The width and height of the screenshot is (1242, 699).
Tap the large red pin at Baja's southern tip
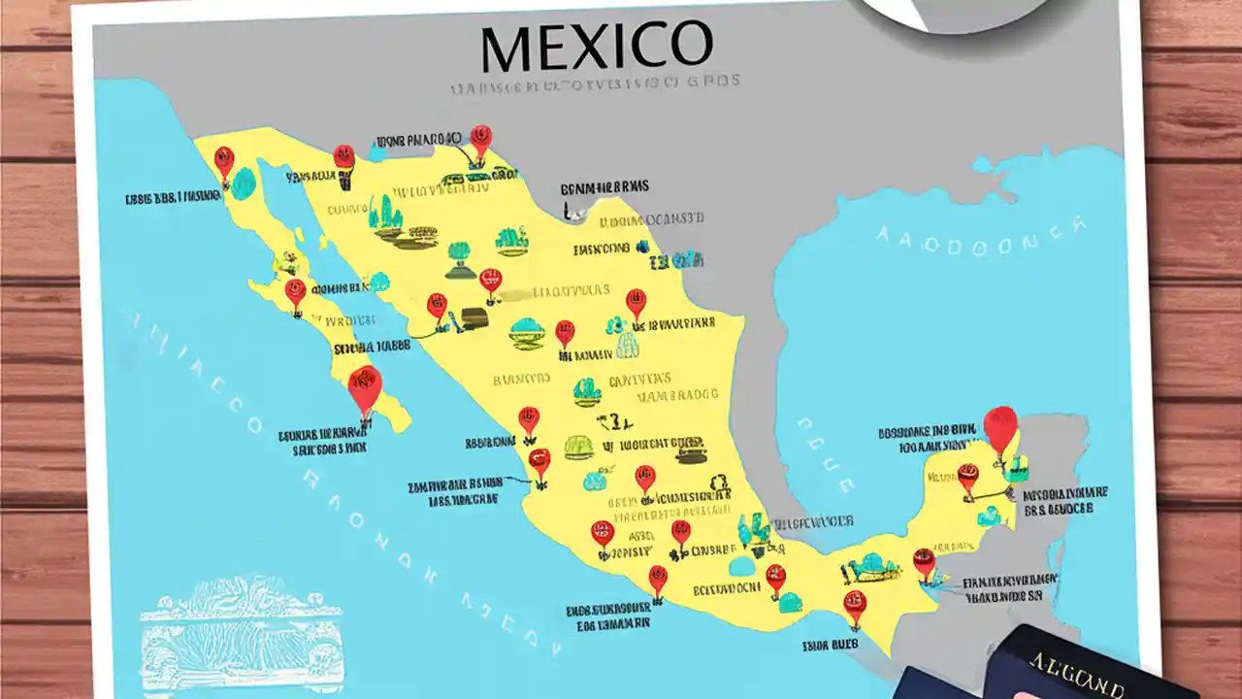pyautogui.click(x=365, y=388)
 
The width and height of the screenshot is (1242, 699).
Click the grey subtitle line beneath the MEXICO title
pyautogui.click(x=594, y=85)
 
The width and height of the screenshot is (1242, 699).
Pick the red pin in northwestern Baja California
pyautogui.click(x=224, y=161)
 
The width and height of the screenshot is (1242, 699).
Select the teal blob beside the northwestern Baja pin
pyautogui.click(x=244, y=183)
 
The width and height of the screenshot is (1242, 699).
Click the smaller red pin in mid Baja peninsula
pyautogui.click(x=295, y=291)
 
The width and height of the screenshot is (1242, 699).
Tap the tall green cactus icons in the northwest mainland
pyautogui.click(x=386, y=214)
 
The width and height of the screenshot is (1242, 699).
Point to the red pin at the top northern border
pyautogui.click(x=480, y=138)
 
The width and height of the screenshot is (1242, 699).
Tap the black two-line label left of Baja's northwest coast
pyautogui.click(x=174, y=199)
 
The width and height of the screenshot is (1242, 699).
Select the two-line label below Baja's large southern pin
pyautogui.click(x=322, y=443)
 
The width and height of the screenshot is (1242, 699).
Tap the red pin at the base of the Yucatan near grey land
pyautogui.click(x=924, y=561)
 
